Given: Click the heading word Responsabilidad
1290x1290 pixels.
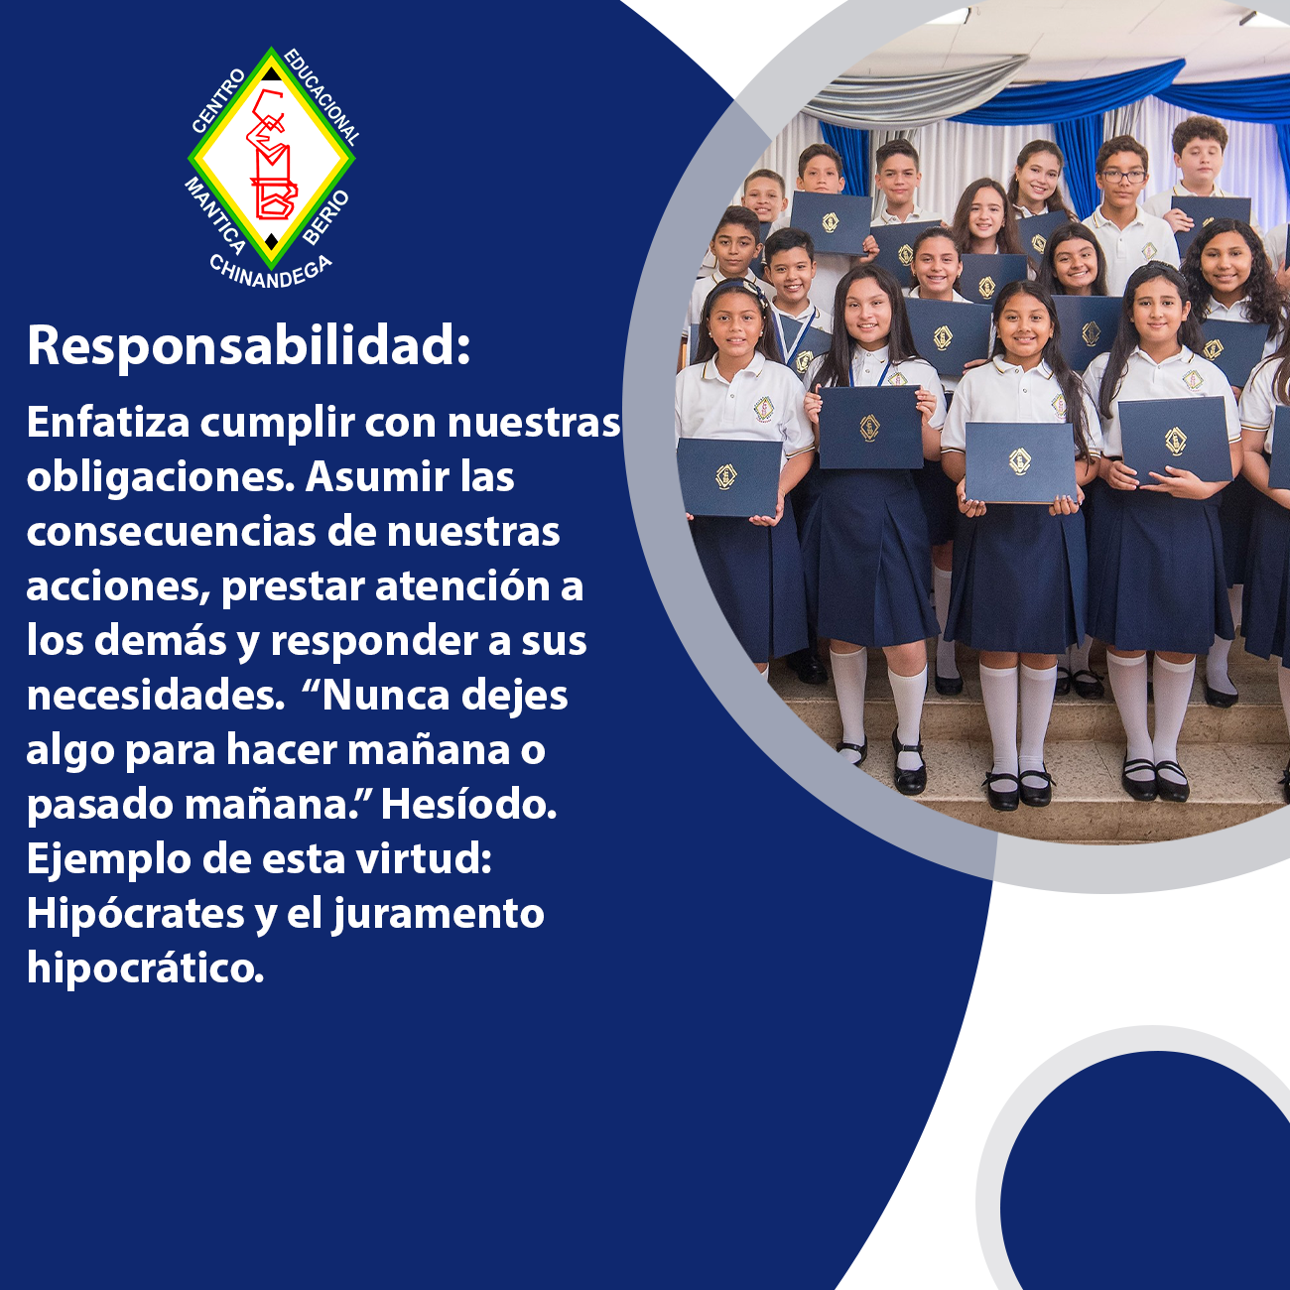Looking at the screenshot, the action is point(248,346).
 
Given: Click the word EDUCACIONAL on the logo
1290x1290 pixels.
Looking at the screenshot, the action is point(322,96).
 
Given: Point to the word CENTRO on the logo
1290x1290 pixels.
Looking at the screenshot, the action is point(219,100).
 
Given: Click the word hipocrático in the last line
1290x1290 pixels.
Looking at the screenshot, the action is point(145,969).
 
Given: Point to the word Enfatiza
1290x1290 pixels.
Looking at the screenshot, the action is point(108,423).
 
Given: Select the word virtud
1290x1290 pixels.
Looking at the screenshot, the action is point(424,859).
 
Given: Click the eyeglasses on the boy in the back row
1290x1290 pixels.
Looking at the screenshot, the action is point(1124,177).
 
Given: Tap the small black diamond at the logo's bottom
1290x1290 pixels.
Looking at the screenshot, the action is point(271,240).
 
